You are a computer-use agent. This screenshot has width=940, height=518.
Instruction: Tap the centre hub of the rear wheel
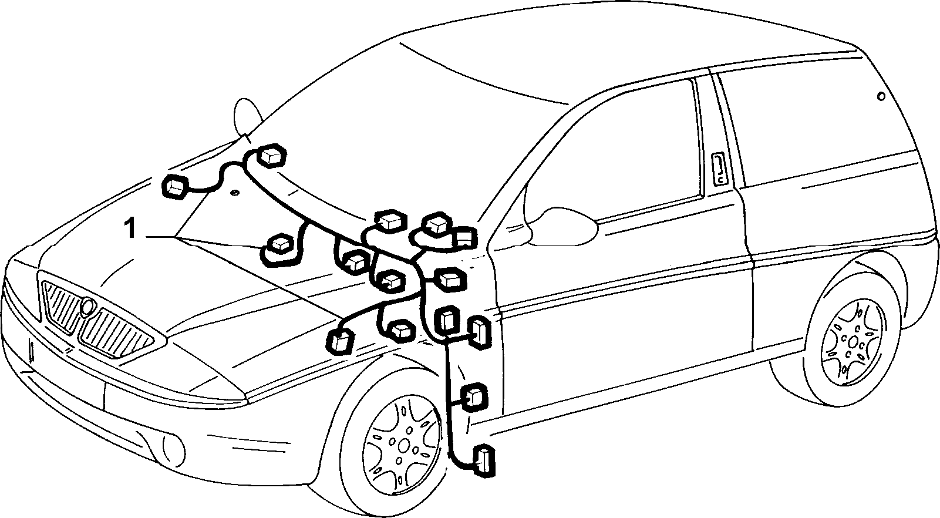[x=853, y=342]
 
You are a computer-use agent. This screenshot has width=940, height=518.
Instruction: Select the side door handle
[x=719, y=169]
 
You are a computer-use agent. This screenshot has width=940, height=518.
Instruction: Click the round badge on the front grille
[x=88, y=306]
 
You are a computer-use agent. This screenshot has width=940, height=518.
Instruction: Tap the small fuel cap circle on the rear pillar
[x=881, y=96]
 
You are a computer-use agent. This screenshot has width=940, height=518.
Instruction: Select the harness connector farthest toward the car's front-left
[x=176, y=187]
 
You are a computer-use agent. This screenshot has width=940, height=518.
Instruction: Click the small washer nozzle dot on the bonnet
[x=235, y=193]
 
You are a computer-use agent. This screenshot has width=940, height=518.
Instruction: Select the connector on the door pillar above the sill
[x=475, y=396]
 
